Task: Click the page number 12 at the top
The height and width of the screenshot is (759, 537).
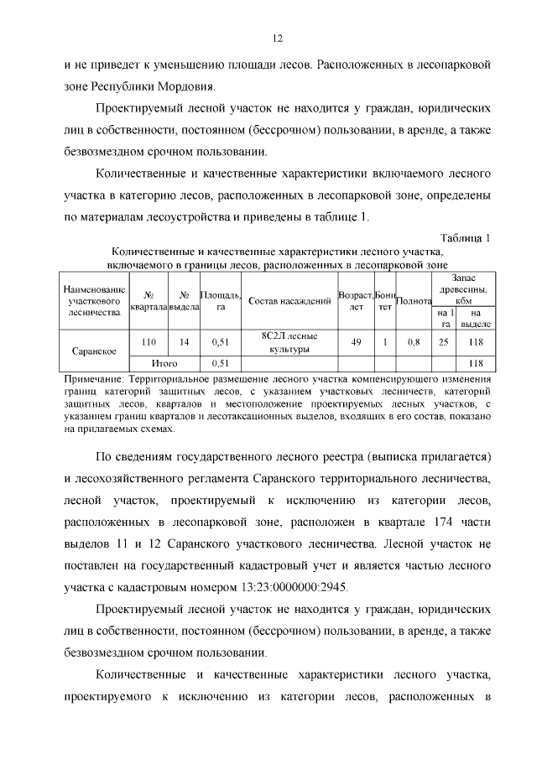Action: [277, 38]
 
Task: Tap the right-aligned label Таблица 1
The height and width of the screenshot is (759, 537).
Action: [464, 237]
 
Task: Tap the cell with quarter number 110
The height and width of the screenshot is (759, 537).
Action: [149, 341]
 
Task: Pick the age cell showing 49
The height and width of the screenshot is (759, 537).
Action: [356, 341]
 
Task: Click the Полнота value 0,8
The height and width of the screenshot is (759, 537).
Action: [414, 341]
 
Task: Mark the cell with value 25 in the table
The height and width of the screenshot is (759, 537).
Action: [444, 341]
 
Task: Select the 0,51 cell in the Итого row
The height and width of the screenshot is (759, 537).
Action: [221, 363]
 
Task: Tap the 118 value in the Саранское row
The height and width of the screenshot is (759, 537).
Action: [477, 341]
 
